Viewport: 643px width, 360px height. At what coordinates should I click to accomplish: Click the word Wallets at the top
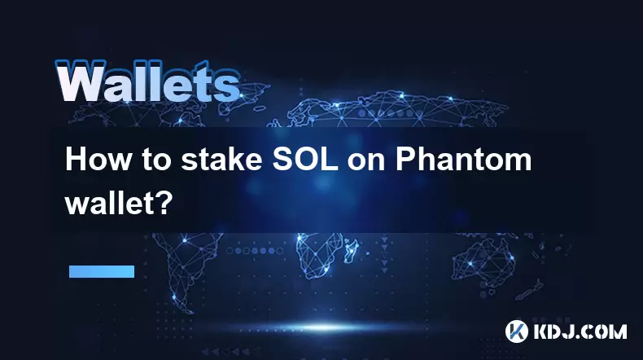(147, 81)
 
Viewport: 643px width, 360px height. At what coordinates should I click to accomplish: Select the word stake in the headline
(222, 160)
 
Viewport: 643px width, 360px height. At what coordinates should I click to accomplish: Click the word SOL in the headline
(305, 160)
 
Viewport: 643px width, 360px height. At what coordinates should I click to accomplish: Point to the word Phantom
(463, 160)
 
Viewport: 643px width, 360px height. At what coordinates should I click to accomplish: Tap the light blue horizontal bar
(102, 271)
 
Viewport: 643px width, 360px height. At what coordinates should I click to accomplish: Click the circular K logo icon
(516, 331)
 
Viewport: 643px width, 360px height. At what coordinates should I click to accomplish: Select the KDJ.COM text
(580, 331)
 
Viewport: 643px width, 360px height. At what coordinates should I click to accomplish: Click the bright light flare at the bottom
(324, 327)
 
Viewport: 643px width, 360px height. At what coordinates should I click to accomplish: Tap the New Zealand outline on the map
(530, 289)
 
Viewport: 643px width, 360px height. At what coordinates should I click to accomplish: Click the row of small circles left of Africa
(255, 250)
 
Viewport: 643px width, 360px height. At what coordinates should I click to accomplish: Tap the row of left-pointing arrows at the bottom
(230, 351)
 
